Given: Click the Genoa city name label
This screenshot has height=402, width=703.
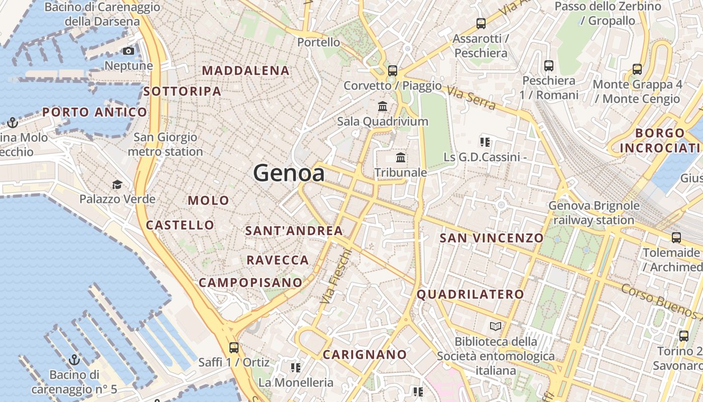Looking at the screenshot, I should [x=289, y=173].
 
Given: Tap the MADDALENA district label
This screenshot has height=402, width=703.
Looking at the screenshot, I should [x=246, y=71].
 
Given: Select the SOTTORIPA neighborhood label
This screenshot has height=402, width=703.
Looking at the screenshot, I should [x=182, y=91].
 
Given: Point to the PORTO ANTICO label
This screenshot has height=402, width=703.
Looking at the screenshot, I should [x=94, y=112].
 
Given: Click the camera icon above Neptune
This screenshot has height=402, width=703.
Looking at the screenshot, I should [x=129, y=51].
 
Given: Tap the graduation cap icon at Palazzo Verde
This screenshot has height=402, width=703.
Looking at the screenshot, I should [x=117, y=185].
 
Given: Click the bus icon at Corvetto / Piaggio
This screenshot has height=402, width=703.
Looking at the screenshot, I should [x=393, y=70].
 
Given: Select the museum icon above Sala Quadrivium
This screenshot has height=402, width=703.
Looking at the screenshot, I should [x=383, y=107].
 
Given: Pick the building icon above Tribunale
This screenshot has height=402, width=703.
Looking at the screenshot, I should [x=401, y=158].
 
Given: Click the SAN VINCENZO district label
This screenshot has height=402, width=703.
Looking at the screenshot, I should [x=492, y=238].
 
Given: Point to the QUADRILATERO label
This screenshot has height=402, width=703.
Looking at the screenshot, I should [x=471, y=294].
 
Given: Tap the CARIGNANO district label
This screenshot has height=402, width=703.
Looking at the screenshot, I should [x=365, y=355].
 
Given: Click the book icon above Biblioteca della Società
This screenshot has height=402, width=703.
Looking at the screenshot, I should [x=496, y=327].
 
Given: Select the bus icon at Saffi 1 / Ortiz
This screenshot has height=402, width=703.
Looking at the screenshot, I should [x=233, y=347].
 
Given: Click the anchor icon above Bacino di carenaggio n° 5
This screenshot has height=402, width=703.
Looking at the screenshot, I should [x=74, y=360].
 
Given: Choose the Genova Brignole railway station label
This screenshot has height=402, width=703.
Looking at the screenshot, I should [x=594, y=213].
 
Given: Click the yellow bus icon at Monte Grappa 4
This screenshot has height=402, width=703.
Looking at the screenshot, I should [x=637, y=69].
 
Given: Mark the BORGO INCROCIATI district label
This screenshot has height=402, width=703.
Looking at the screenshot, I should [x=660, y=140].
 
